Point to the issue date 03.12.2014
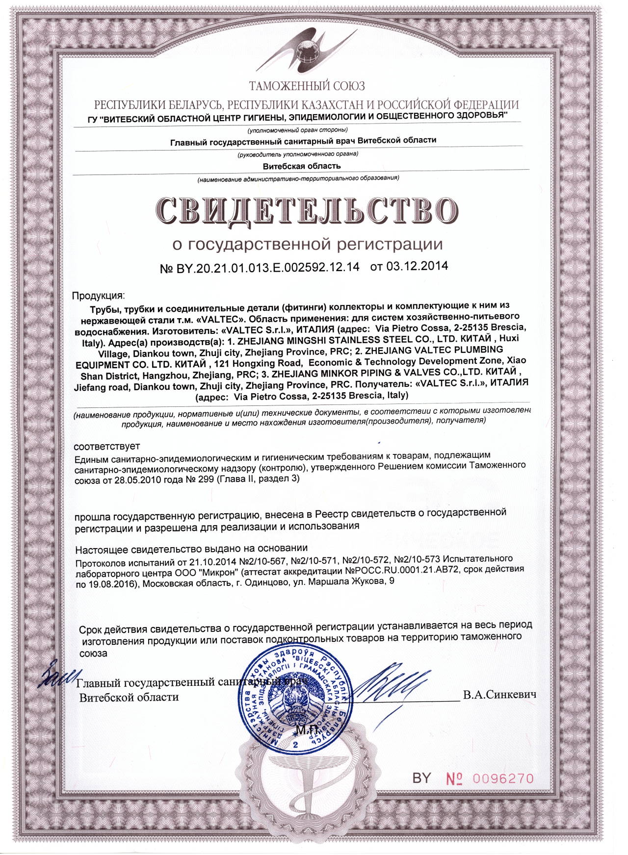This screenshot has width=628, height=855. coord(417,266)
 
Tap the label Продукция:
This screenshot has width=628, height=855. coord(98,296)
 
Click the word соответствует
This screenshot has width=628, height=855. coord(106,447)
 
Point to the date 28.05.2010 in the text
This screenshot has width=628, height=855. coord(137,480)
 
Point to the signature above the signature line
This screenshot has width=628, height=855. coord(392,682)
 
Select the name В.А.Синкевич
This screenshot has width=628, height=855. coord(499,695)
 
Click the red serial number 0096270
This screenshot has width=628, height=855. coord(503,779)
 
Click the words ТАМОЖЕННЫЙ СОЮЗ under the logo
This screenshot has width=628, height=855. coord(307,87)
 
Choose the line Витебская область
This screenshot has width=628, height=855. coord(301,166)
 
